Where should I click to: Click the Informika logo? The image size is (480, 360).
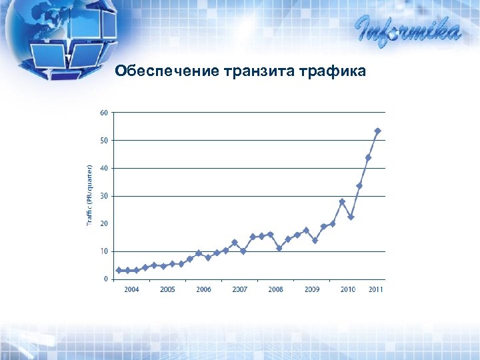pyautogui.click(x=407, y=30)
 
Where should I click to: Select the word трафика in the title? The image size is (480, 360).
pyautogui.click(x=332, y=71)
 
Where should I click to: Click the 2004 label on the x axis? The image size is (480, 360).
pyautogui.click(x=131, y=289)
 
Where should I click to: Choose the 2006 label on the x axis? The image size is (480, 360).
pyautogui.click(x=203, y=289)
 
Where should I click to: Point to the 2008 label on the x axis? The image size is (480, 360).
pyautogui.click(x=275, y=289)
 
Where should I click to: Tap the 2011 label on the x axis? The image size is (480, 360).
pyautogui.click(x=376, y=289)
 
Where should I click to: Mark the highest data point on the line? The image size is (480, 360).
pyautogui.click(x=377, y=131)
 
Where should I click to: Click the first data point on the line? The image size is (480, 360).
pyautogui.click(x=119, y=270)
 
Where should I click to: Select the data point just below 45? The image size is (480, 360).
pyautogui.click(x=368, y=158)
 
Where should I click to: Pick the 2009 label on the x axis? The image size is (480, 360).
pyautogui.click(x=311, y=289)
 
